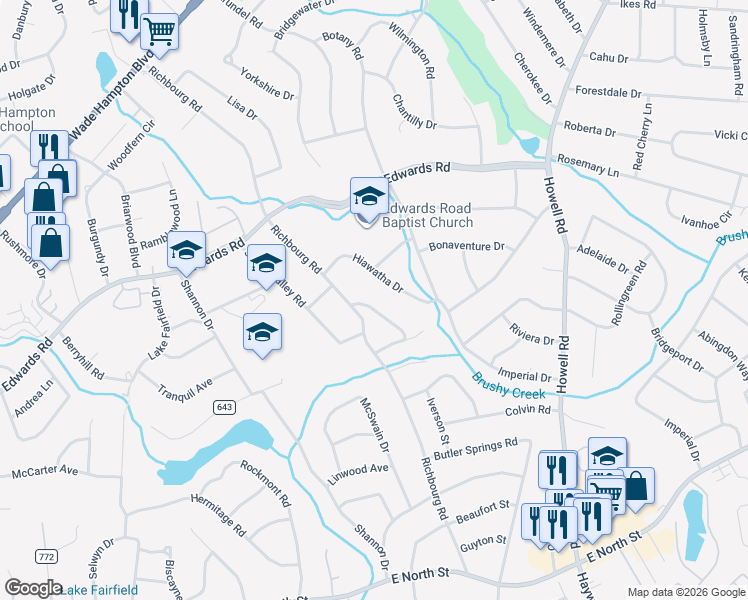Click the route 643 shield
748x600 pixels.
(x=224, y=407)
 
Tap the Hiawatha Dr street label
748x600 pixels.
(x=377, y=274)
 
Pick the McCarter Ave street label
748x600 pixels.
(x=44, y=470)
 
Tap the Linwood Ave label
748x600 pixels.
(x=359, y=470)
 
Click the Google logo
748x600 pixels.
(x=34, y=588)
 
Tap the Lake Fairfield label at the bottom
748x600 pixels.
(x=101, y=590)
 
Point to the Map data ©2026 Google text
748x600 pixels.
(x=685, y=592)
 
